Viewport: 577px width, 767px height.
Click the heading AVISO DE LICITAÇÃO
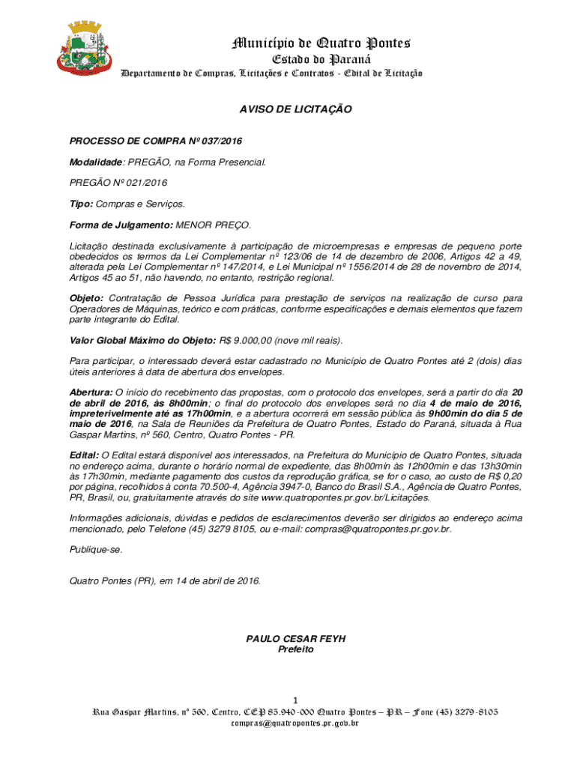pyautogui.click(x=295, y=109)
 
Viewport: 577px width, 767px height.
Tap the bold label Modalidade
pyautogui.click(x=97, y=162)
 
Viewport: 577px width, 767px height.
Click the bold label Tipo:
pyautogui.click(x=82, y=204)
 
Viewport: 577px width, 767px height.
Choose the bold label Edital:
pyautogui.click(x=84, y=455)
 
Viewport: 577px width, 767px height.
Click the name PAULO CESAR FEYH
pyautogui.click(x=296, y=639)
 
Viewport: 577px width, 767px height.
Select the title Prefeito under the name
pyautogui.click(x=296, y=649)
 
